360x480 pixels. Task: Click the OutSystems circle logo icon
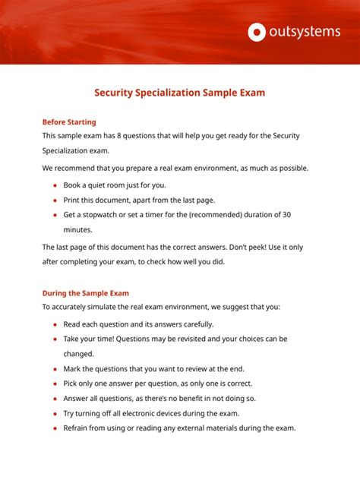click(257, 32)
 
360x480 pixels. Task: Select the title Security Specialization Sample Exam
click(179, 93)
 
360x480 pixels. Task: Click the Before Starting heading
click(69, 122)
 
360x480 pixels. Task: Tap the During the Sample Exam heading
click(85, 293)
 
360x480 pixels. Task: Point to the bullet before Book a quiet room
click(55, 185)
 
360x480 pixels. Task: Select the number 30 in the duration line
click(286, 215)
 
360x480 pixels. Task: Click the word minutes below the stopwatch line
click(77, 229)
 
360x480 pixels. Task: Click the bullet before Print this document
click(55, 201)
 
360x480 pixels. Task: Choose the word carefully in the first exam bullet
click(196, 324)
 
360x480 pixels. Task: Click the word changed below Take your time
click(78, 353)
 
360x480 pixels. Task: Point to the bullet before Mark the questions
click(55, 368)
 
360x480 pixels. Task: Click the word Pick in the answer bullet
click(71, 384)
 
